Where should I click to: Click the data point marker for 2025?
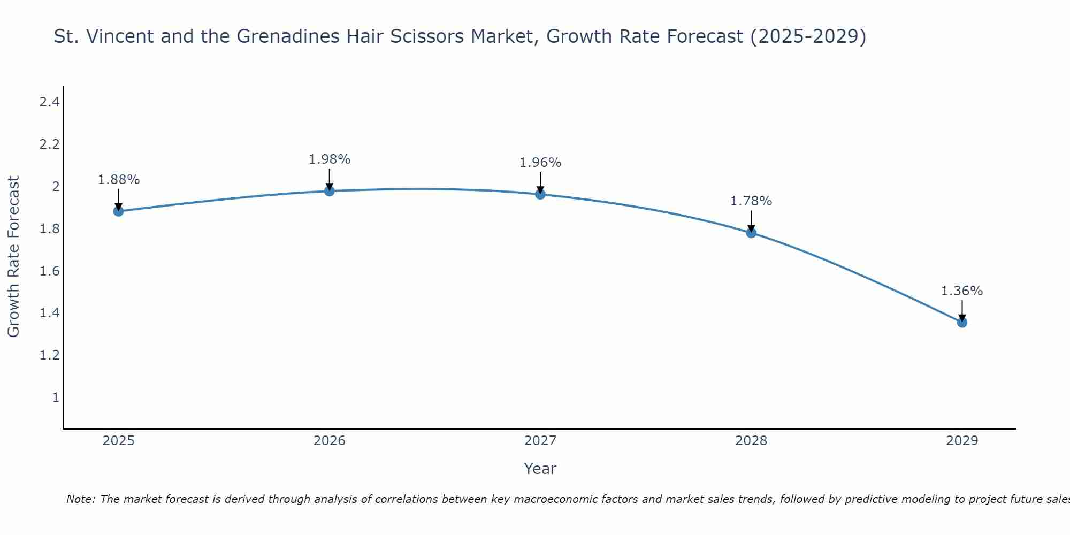point(118,211)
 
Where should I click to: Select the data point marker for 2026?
point(329,191)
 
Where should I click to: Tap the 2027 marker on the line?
point(540,194)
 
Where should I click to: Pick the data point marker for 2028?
point(751,233)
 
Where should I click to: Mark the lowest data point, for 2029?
point(962,323)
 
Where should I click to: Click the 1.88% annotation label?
point(118,180)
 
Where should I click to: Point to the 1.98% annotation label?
point(329,159)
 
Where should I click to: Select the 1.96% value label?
point(540,163)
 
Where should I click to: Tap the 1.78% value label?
point(751,201)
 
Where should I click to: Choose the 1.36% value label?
point(962,291)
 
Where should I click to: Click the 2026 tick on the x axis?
point(329,441)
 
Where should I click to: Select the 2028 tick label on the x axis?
point(751,441)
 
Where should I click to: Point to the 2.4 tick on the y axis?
point(49,102)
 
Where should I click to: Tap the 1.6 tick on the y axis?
point(49,271)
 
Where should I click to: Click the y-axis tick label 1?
point(56,398)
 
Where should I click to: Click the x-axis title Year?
point(540,469)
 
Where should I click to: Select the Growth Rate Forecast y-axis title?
point(14,257)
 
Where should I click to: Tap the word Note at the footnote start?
point(80,499)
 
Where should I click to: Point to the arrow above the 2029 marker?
point(962,310)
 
